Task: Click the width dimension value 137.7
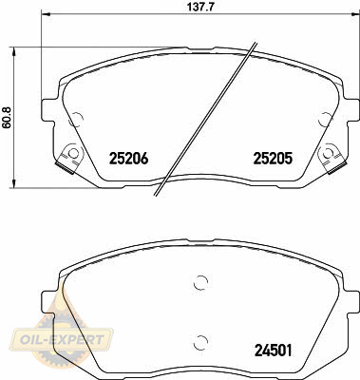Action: point(199,7)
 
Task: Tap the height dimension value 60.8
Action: point(7,117)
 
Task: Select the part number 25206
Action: point(128,159)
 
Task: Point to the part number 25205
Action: point(273,159)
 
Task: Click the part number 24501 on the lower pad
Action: point(273,351)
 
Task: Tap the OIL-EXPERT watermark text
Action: point(62,340)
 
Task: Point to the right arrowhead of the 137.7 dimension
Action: point(355,14)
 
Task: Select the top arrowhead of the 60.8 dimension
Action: point(13,51)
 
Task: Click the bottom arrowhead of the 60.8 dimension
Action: point(13,183)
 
